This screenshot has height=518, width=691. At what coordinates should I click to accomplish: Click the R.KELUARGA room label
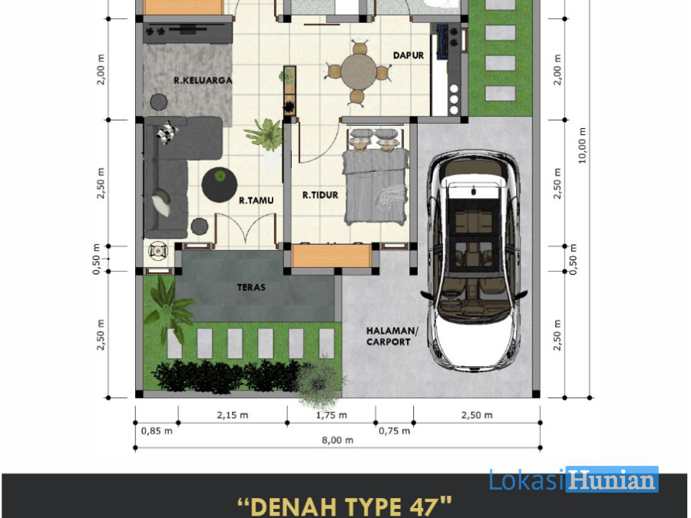click(x=203, y=80)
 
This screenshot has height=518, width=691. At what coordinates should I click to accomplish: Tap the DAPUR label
click(x=408, y=55)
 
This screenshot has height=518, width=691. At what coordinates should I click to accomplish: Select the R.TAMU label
click(x=256, y=200)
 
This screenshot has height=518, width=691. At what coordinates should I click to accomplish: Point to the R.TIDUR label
click(x=320, y=195)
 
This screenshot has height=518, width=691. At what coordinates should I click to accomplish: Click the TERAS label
click(x=251, y=287)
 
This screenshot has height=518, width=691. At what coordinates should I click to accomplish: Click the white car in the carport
click(x=474, y=261)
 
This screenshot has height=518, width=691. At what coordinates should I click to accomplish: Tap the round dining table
click(x=359, y=72)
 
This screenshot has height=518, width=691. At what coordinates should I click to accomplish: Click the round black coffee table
click(x=220, y=184)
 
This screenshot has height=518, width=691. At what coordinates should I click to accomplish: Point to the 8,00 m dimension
click(x=338, y=440)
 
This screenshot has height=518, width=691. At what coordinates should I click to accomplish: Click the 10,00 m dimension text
click(x=583, y=145)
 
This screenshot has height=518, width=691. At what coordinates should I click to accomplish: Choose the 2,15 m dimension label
click(x=232, y=415)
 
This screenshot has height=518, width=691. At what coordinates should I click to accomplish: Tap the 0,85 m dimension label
click(x=157, y=431)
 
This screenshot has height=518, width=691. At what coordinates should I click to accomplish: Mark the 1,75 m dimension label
click(x=332, y=415)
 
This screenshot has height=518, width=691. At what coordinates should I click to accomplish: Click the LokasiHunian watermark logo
click(x=574, y=479)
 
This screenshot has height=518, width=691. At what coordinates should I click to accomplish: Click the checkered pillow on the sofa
click(x=167, y=132)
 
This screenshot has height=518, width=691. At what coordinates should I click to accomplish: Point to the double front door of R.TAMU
click(x=246, y=228)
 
